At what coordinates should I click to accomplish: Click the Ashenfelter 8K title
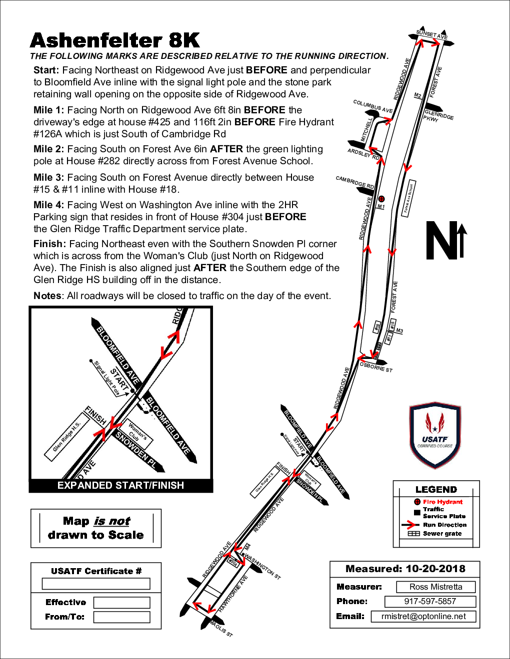pos(115,40)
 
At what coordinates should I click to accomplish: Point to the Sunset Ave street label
pos(432,35)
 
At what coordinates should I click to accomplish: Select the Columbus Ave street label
pos(372,106)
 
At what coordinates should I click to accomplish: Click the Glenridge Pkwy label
pos(438,116)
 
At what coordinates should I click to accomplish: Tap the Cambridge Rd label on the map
pos(354,182)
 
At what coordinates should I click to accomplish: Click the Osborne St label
pos(376,367)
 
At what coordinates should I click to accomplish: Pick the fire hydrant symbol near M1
pos(381,199)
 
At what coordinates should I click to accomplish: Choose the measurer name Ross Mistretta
pos(435,587)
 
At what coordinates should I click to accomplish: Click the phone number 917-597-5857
pos(430,602)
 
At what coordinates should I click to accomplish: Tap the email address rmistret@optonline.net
pos(423,617)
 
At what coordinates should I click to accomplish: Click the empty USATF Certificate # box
pos(96,584)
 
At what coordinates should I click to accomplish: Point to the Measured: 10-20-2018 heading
pos(405,569)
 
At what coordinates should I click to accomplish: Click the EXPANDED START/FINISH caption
pos(120,485)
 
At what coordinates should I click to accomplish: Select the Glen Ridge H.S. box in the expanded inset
pos(67,437)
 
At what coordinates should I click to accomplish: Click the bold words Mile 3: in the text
pos(48,178)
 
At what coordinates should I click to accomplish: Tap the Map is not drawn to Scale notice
pos(96,528)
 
